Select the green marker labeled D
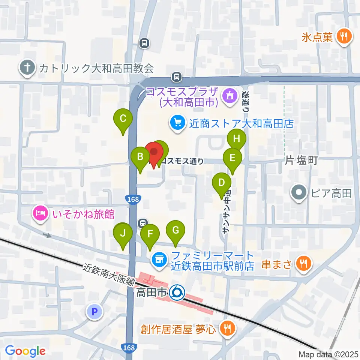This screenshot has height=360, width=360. pyautogui.click(x=221, y=184)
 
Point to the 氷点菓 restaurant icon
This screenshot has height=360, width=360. pyautogui.click(x=343, y=36)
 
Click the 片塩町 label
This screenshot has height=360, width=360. pyautogui.click(x=301, y=161)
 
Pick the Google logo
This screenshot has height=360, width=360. pyautogui.click(x=25, y=351)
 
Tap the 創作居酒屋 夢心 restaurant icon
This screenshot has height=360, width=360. pyautogui.click(x=226, y=328)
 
